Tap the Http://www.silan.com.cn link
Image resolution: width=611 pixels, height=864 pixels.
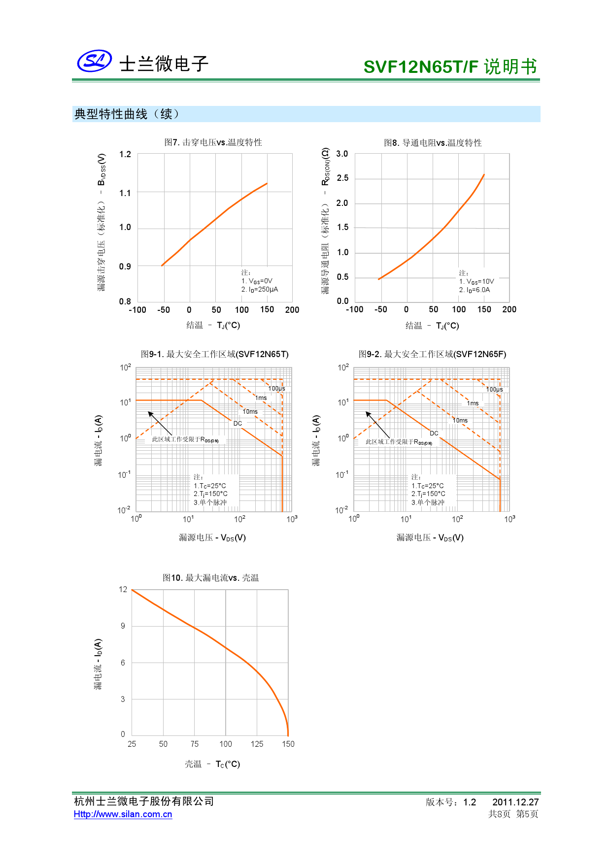tap(123, 814)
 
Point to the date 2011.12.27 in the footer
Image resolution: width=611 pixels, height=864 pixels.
tap(515, 802)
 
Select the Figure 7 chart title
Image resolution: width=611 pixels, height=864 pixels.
tap(213, 142)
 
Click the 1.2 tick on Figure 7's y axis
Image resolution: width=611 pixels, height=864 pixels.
tap(125, 154)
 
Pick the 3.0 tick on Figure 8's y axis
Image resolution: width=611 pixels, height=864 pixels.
tap(342, 154)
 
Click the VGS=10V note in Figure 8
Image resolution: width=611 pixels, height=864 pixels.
tap(476, 282)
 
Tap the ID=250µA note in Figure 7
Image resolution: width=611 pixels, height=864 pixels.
tap(260, 290)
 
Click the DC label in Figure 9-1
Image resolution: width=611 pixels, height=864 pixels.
tap(238, 423)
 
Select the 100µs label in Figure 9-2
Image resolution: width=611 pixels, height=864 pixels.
tap(495, 389)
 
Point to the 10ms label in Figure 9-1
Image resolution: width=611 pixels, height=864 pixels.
tap(250, 411)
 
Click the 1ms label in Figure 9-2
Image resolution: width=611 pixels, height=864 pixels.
tap(473, 403)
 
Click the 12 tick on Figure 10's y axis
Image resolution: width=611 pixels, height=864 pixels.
tap(123, 590)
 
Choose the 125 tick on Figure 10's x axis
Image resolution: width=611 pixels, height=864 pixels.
tap(257, 744)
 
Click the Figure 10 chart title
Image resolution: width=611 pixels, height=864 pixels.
tap(210, 578)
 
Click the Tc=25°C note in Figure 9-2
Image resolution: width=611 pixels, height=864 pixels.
tap(427, 486)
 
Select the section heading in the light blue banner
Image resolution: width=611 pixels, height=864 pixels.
tap(127, 114)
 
